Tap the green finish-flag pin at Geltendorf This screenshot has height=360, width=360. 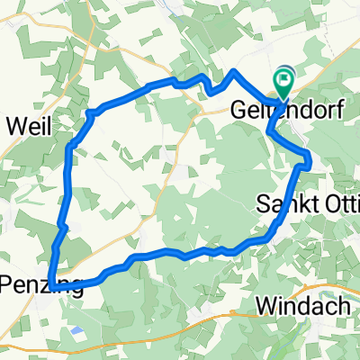pyautogui.click(x=285, y=83)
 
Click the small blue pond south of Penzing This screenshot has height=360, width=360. pyautogui.click(x=77, y=332)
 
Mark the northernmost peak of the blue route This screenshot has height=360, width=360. pyautogui.click(x=234, y=70)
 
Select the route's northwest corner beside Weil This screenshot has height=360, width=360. pyautogui.click(x=90, y=112)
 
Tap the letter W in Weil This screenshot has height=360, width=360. pyautogui.click(x=13, y=126)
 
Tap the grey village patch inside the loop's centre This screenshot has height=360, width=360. pyautogui.click(x=184, y=170)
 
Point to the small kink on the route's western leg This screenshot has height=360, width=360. pyautogui.click(x=59, y=225)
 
